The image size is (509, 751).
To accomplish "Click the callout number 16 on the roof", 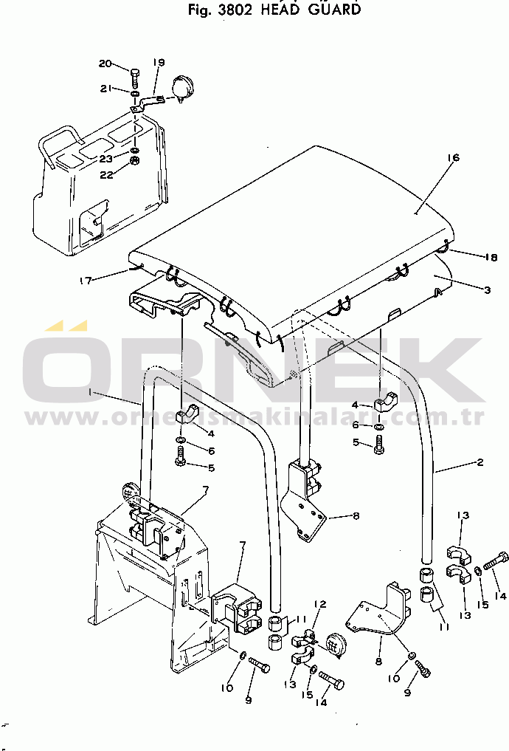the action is pos(453,158).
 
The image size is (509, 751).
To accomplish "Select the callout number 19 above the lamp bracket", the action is pos(159,63).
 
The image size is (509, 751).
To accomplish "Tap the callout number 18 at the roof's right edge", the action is pos(471,258).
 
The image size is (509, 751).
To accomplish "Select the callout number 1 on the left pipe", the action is pos(90,394).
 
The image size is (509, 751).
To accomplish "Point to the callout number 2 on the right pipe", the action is pos(479,463).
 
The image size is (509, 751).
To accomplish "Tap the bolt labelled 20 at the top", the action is pos(134,76).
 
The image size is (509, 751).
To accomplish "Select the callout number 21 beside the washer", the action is pos(105,89).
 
